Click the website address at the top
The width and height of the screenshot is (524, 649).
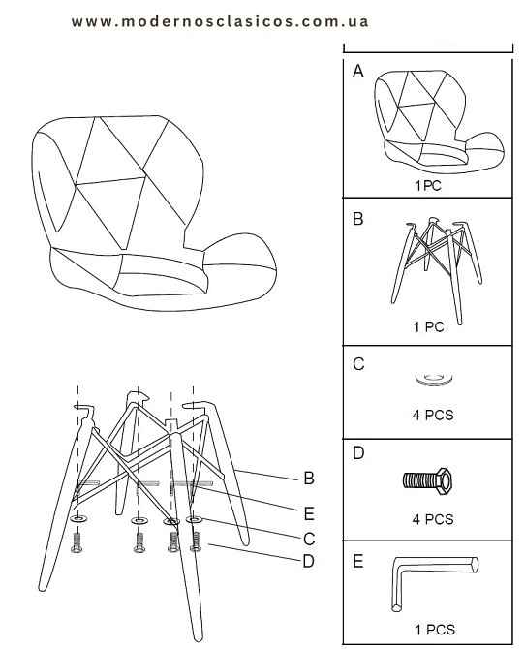(220, 21)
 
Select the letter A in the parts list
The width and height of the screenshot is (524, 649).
(358, 71)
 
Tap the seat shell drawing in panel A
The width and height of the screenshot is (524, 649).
(439, 121)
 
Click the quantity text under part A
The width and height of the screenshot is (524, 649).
(428, 185)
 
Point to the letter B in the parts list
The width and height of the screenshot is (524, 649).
(358, 219)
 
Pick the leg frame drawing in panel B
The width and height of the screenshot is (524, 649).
(437, 270)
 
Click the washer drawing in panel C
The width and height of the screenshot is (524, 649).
(434, 379)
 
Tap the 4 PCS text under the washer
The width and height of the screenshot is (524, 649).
(433, 415)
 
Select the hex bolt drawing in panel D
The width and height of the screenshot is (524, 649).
(427, 480)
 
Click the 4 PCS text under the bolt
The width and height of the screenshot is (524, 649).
(433, 519)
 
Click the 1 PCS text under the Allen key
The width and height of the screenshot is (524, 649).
(435, 630)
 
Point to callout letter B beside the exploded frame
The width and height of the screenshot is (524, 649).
(309, 479)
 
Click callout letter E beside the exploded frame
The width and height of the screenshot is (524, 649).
(309, 513)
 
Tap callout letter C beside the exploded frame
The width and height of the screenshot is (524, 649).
(309, 539)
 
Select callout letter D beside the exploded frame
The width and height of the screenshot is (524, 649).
(309, 561)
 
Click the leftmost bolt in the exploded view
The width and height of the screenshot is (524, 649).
(77, 542)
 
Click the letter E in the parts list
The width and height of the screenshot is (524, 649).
(358, 561)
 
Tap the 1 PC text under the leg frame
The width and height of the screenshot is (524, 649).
(428, 327)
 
